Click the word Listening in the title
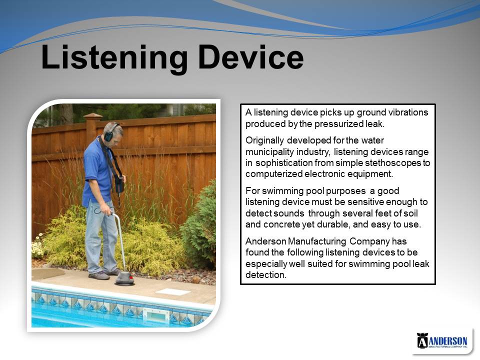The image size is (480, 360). [114, 58]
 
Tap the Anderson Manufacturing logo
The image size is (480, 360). [442, 340]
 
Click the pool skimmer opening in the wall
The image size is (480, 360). [154, 314]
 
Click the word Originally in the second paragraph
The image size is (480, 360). [264, 140]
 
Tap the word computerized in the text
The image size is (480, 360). [274, 174]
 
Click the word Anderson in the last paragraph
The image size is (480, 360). [265, 241]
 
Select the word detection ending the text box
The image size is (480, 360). [265, 275]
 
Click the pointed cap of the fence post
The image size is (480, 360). [93, 115]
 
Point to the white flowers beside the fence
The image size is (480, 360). [37, 246]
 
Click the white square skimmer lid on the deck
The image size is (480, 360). [173, 291]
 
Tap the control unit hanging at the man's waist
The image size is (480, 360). [119, 184]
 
